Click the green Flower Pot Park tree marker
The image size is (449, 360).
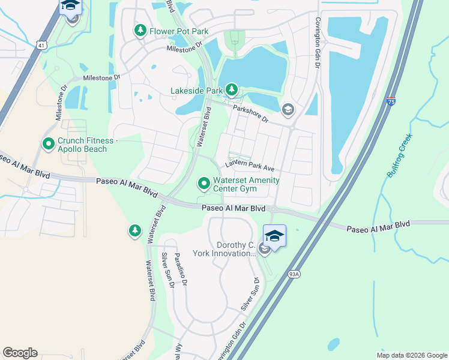click(140, 30)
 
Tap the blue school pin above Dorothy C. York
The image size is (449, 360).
click(274, 235)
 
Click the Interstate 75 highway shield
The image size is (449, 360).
click(391, 102)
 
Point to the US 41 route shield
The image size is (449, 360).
click(40, 44)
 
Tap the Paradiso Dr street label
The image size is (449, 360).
click(181, 269)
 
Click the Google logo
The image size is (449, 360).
click(20, 353)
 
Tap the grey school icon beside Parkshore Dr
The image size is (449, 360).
click(288, 109)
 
